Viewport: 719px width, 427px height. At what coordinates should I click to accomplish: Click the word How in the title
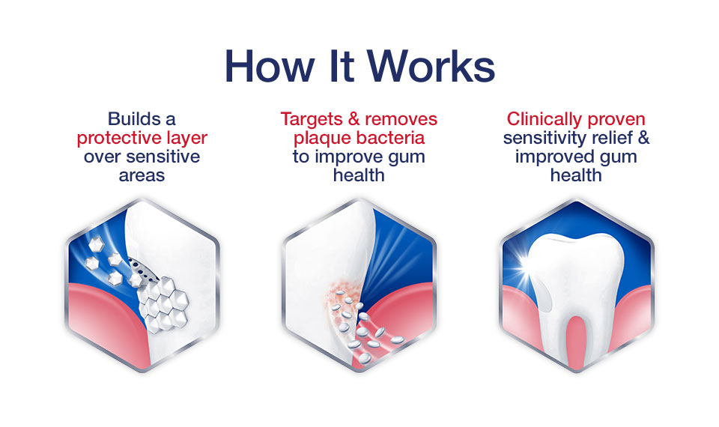coord(269,66)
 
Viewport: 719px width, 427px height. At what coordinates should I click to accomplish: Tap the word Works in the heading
coord(431,66)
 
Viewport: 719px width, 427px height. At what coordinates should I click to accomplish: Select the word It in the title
coord(342,66)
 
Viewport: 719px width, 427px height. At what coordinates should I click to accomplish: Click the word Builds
coord(129,119)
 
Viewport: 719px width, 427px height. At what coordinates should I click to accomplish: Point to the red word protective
coord(111,139)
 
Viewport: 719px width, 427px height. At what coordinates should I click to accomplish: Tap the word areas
coord(142,175)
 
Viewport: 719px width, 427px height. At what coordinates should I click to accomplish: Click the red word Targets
coord(312,120)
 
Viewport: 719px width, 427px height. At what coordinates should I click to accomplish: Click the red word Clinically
coord(544,120)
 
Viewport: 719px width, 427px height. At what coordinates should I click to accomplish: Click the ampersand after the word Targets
coord(354,119)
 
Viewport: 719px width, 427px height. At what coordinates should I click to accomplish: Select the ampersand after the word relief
coord(644,138)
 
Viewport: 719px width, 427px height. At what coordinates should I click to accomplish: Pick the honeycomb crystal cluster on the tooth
coord(163,303)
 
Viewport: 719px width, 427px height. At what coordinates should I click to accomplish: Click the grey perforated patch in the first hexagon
coord(143,270)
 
